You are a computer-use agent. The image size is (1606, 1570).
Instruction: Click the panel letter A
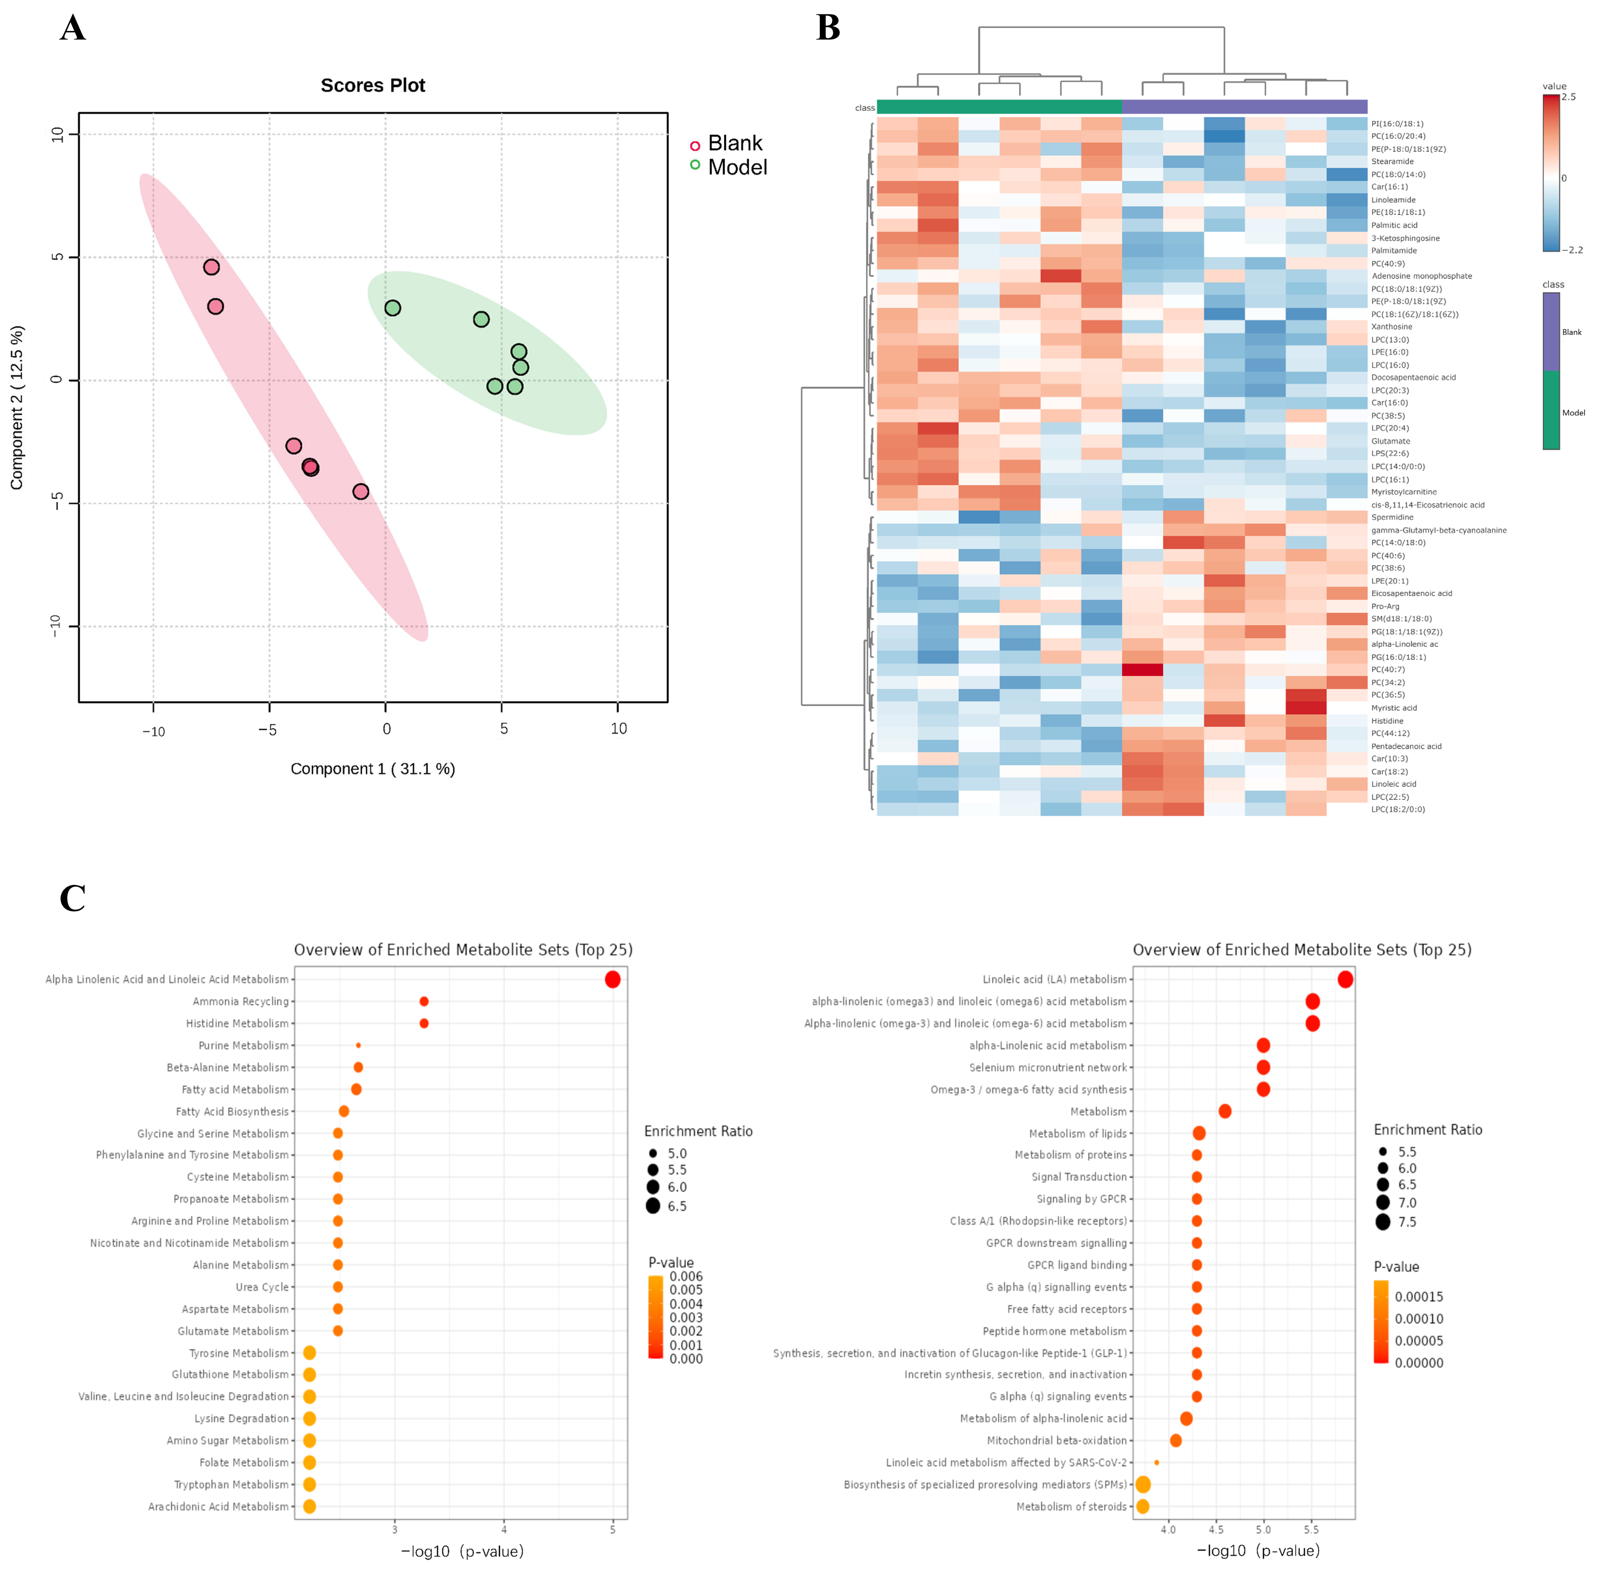72,29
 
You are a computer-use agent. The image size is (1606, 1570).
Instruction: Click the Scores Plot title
373,86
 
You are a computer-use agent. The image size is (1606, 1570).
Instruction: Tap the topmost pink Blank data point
212,267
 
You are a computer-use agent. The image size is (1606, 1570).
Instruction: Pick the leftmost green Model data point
392,307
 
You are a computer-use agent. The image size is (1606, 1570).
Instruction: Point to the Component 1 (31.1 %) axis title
373,769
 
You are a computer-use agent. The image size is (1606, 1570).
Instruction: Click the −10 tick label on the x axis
153,731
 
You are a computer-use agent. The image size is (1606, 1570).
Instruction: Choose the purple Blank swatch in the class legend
1551,331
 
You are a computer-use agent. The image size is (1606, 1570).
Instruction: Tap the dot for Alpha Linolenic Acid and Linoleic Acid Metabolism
613,979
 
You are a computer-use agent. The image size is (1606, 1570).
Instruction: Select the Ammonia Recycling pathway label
241,1001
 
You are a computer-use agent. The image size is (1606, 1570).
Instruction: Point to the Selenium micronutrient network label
1048,1067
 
